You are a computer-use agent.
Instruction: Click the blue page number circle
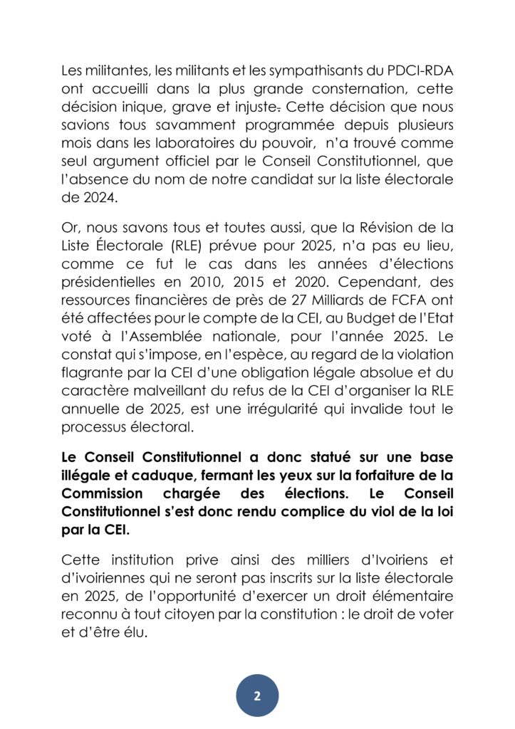tap(257, 696)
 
